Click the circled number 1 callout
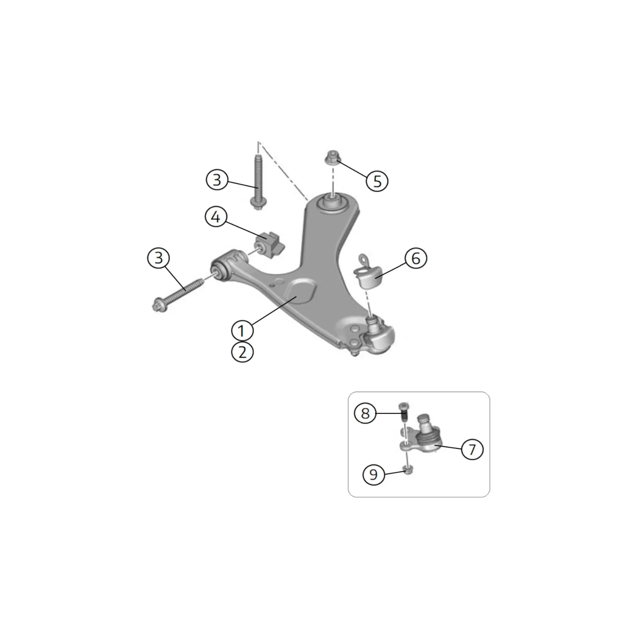coord(242,331)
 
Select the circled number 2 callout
coord(242,352)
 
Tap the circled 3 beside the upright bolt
coord(217,180)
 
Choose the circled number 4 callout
coord(216,217)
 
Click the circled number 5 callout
coord(377,181)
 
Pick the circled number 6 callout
coord(416,258)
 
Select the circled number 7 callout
coord(472,449)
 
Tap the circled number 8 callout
coord(365,413)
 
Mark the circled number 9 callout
coord(373,474)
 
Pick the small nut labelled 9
coord(407,469)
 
